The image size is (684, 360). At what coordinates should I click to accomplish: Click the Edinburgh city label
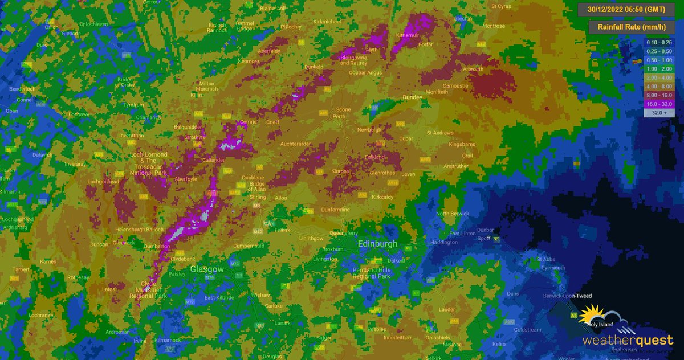377,244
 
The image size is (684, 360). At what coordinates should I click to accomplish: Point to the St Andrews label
439,133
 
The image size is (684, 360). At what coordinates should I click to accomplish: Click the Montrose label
493,26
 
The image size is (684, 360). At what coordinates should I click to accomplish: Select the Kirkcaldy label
382,197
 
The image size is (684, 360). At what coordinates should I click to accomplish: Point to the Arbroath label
473,69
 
